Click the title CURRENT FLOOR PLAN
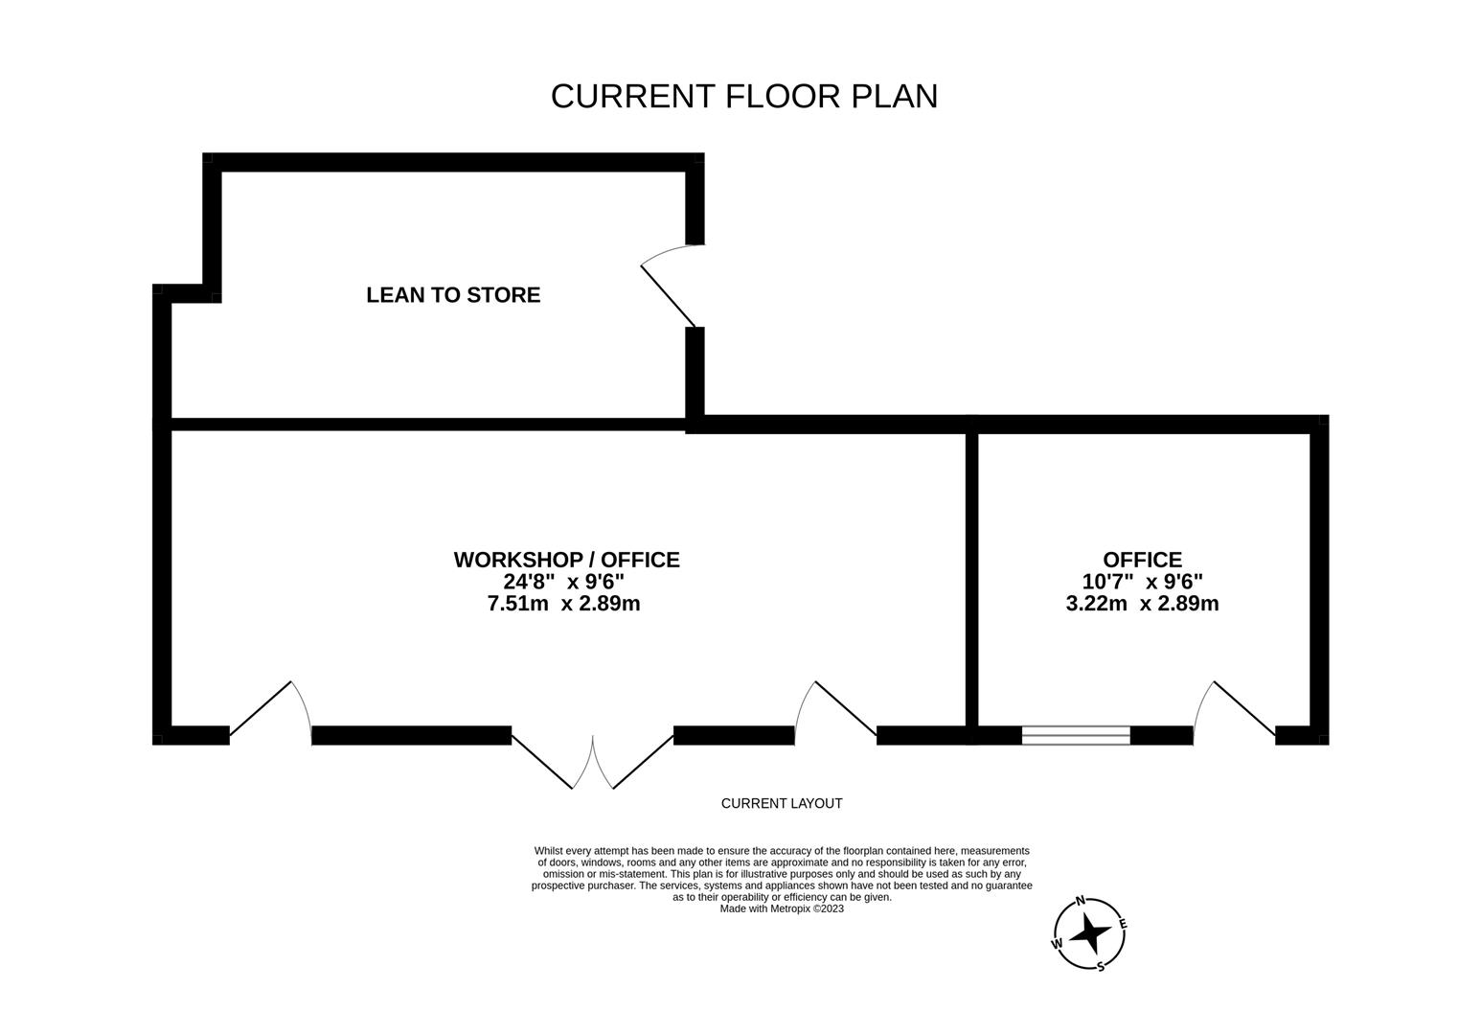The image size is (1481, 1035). tap(743, 96)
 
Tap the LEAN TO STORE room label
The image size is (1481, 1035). tap(453, 295)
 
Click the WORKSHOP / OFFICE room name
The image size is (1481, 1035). tap(566, 560)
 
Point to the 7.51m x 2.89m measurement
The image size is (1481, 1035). tap(564, 604)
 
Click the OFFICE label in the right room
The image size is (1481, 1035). tap(1142, 560)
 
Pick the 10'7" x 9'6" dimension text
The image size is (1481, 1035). tap(1142, 582)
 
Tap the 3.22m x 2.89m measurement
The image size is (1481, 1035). tap(1142, 604)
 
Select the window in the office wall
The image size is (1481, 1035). tap(1076, 736)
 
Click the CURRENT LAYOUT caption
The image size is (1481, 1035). tap(782, 803)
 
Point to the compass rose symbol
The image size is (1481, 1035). tap(1089, 932)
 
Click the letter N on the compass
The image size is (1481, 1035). tap(1081, 901)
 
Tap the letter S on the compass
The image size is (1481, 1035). tap(1100, 966)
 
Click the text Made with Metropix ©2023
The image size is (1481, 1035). tap(782, 908)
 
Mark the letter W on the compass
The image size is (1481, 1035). tap(1058, 943)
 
